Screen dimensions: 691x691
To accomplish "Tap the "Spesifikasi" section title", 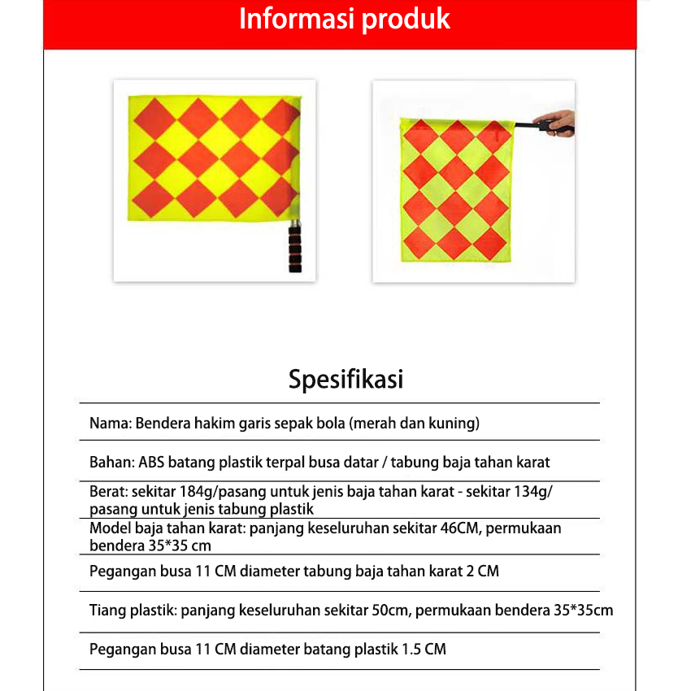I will pos(345,380).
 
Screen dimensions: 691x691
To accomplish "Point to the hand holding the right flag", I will pos(557,123).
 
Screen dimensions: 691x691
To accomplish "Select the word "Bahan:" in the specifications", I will pos(112,463).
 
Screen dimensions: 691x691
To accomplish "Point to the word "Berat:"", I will pos(108,492).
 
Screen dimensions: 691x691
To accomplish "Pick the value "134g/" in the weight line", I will pos(535,492).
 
